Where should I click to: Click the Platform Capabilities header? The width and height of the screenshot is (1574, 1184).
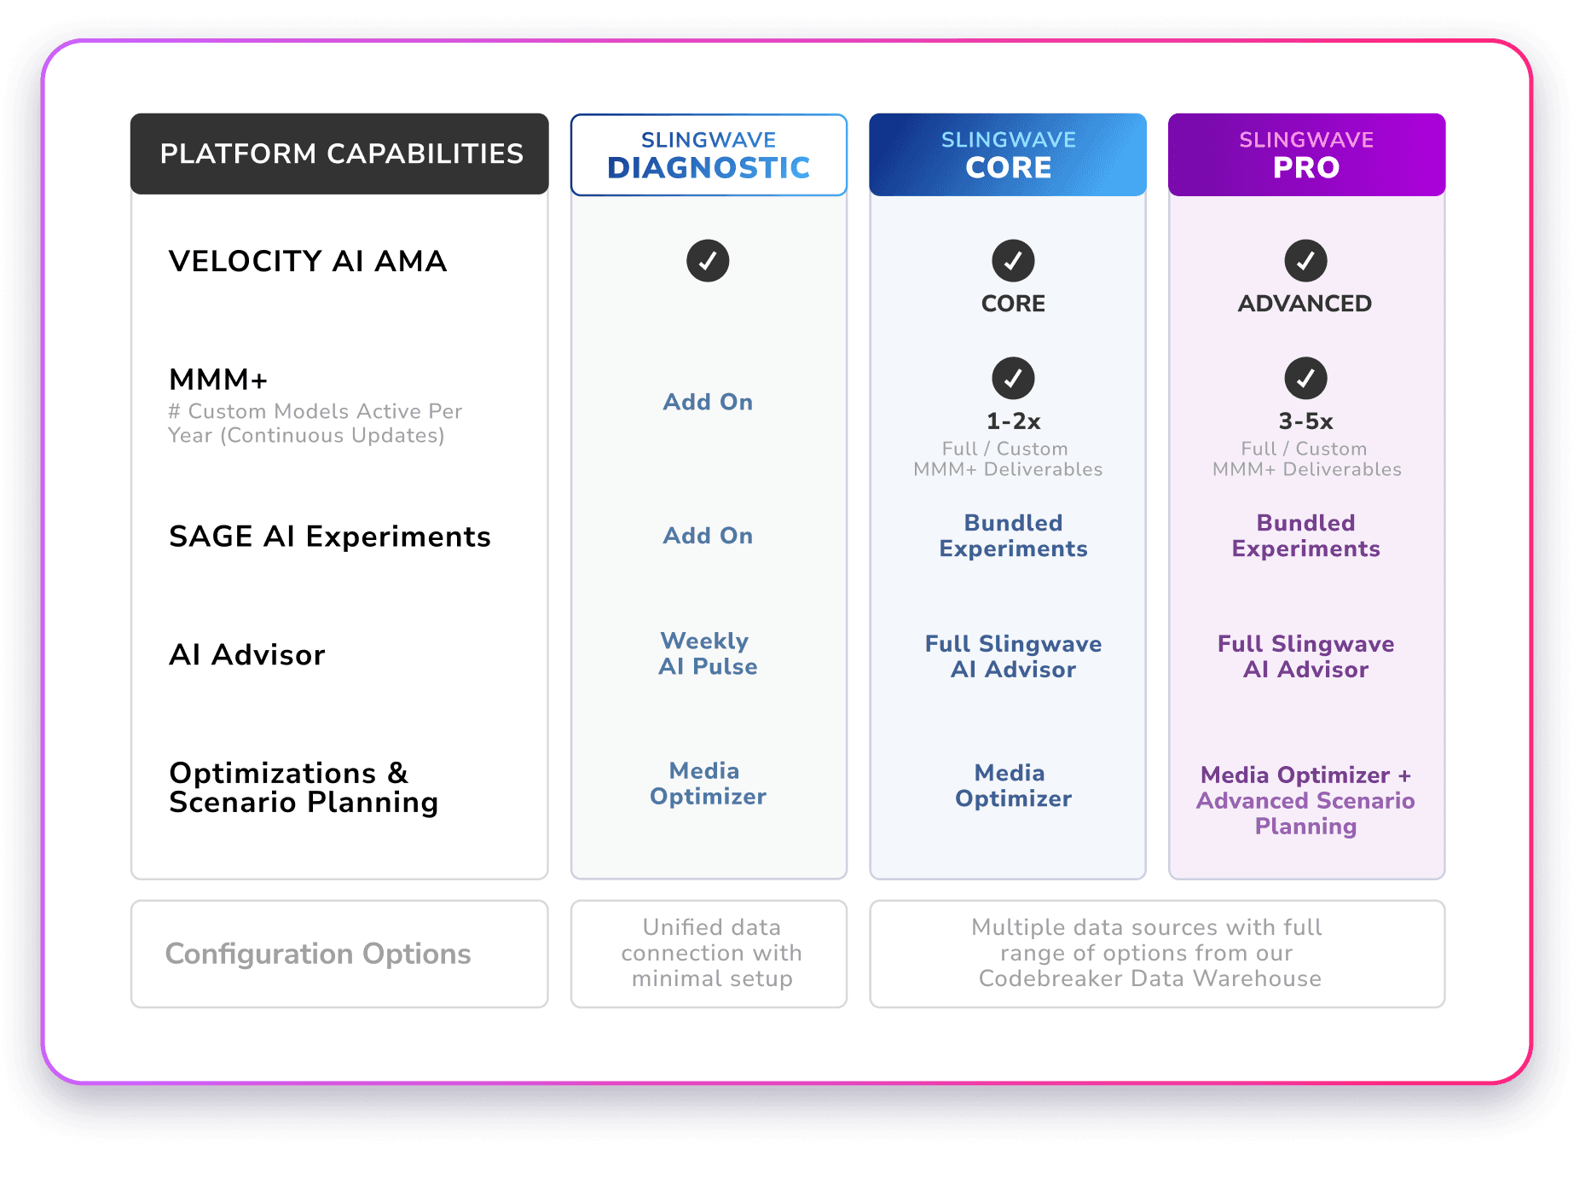pyautogui.click(x=340, y=154)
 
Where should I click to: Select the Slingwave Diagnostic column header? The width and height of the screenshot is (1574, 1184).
pyautogui.click(x=709, y=155)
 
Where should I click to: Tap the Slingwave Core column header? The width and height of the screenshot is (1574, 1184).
pyautogui.click(x=1008, y=155)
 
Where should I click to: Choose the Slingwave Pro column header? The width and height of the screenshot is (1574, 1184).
pyautogui.click(x=1306, y=155)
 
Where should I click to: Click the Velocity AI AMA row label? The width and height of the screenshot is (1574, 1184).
pyautogui.click(x=308, y=261)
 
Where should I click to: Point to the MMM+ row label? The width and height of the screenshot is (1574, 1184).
pyautogui.click(x=219, y=380)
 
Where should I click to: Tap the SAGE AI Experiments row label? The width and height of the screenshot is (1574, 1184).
pyautogui.click(x=330, y=537)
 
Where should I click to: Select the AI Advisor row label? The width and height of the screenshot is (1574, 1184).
pyautogui.click(x=247, y=655)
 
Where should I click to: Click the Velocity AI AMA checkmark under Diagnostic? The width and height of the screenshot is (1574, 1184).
pyautogui.click(x=708, y=261)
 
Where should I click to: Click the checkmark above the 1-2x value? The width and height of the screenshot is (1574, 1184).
pyautogui.click(x=1013, y=378)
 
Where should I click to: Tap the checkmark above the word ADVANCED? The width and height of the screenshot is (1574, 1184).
pyautogui.click(x=1305, y=261)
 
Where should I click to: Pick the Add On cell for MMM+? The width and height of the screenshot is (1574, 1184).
pyautogui.click(x=708, y=402)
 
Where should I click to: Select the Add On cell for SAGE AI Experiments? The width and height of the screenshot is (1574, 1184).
pyautogui.click(x=708, y=536)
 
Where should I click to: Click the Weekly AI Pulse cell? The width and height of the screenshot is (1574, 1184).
pyautogui.click(x=708, y=653)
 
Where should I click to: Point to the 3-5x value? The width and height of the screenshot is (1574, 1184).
pyautogui.click(x=1305, y=421)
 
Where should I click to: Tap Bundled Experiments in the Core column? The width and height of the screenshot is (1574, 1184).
pyautogui.click(x=1013, y=536)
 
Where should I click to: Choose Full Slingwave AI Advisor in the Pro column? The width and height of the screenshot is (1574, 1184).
pyautogui.click(x=1305, y=657)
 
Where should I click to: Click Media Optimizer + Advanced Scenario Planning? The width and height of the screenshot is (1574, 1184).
pyautogui.click(x=1305, y=800)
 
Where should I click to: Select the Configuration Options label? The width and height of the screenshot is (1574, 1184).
pyautogui.click(x=318, y=954)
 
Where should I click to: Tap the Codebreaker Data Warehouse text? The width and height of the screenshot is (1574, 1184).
pyautogui.click(x=1149, y=978)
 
